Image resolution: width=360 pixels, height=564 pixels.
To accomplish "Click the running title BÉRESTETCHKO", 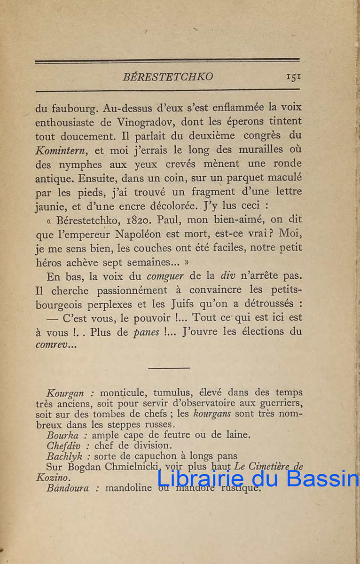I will pos(168,77).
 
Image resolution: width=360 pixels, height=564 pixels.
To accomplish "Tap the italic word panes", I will pos(147,332).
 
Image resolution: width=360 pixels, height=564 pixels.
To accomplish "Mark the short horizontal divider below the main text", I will pos(169,368).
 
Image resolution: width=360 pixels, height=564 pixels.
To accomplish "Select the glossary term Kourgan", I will pos(65,393).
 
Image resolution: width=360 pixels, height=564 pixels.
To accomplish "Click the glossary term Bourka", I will pos(63,435).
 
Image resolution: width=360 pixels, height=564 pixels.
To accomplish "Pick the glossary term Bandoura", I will pos(68,488).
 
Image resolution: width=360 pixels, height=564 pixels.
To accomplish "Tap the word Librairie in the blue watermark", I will pos(201,479).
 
